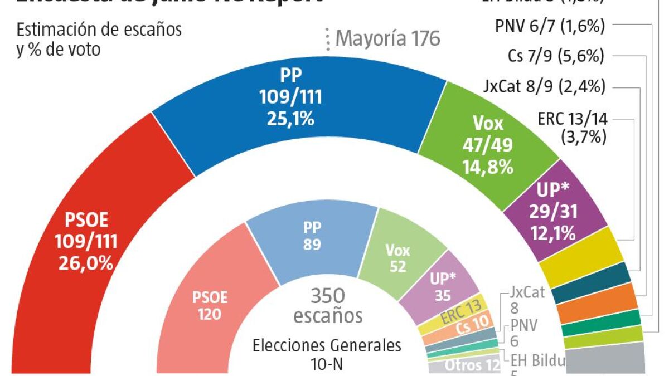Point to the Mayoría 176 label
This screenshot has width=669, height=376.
[388, 38]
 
